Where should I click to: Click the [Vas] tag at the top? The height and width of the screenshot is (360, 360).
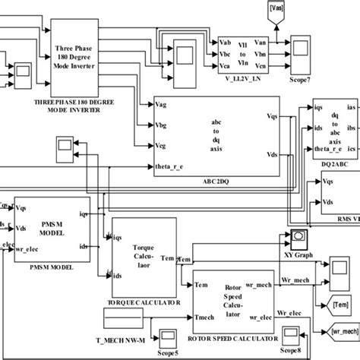(x=276, y=9)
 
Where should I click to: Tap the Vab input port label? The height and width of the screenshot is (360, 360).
(x=226, y=43)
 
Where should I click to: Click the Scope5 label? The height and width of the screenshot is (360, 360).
(x=169, y=351)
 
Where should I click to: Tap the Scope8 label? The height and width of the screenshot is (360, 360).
(x=290, y=351)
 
